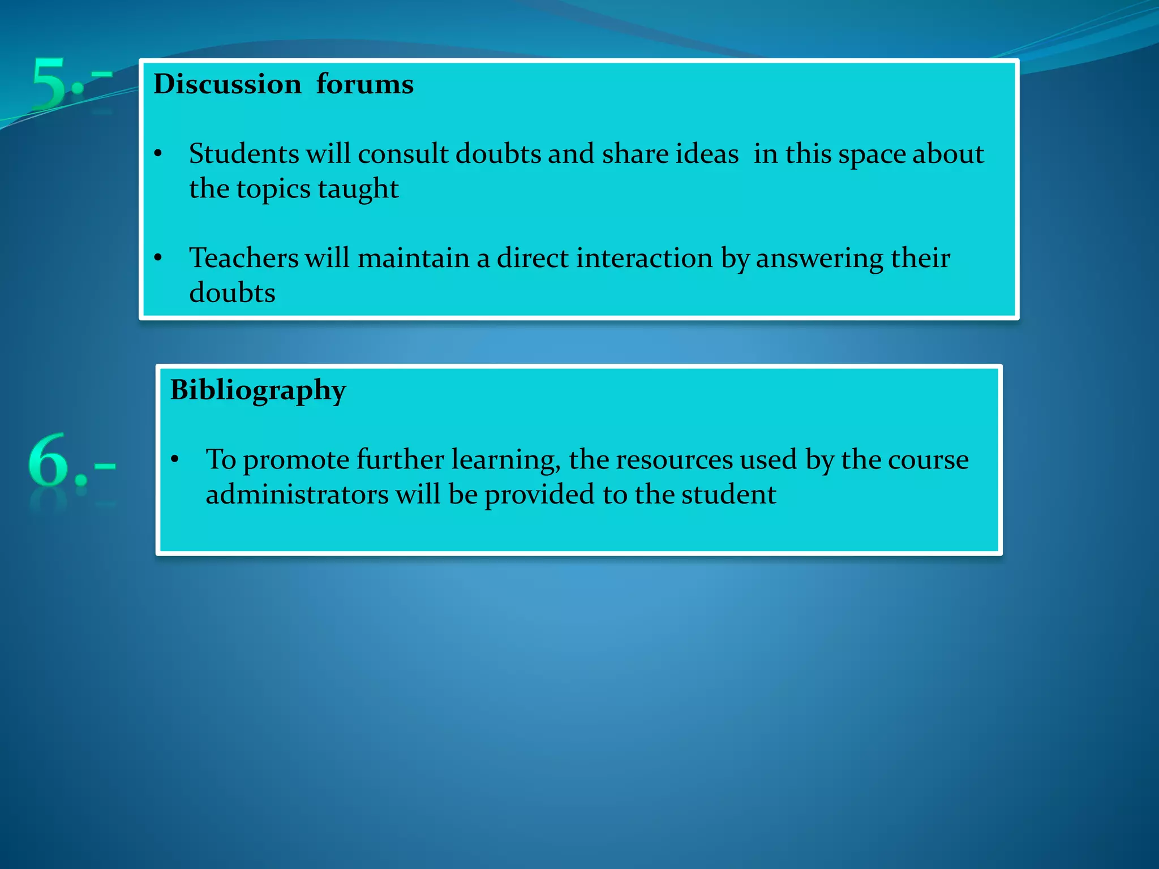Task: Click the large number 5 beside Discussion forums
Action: tap(50, 83)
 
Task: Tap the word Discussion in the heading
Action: tap(227, 85)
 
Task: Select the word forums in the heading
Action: tap(364, 85)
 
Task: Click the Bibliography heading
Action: tap(258, 390)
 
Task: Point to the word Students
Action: tap(244, 154)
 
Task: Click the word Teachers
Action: tap(243, 258)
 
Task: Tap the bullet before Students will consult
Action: tap(158, 154)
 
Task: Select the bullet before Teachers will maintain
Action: tap(158, 258)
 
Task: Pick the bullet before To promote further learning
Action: tap(175, 459)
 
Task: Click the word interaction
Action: tap(644, 258)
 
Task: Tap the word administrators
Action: tap(297, 494)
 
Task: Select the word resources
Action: tap(674, 459)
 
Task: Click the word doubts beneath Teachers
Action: tap(232, 293)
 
